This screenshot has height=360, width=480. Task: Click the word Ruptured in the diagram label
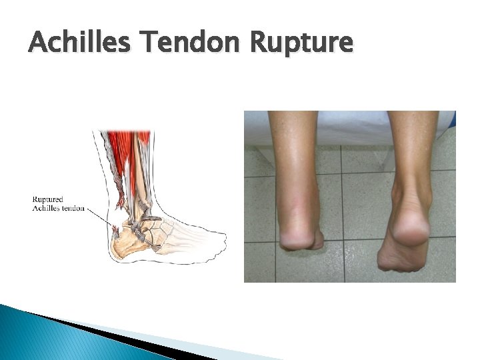click(48, 199)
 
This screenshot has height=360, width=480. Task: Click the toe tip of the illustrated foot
click(223, 240)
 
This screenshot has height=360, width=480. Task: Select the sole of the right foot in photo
click(400, 257)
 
